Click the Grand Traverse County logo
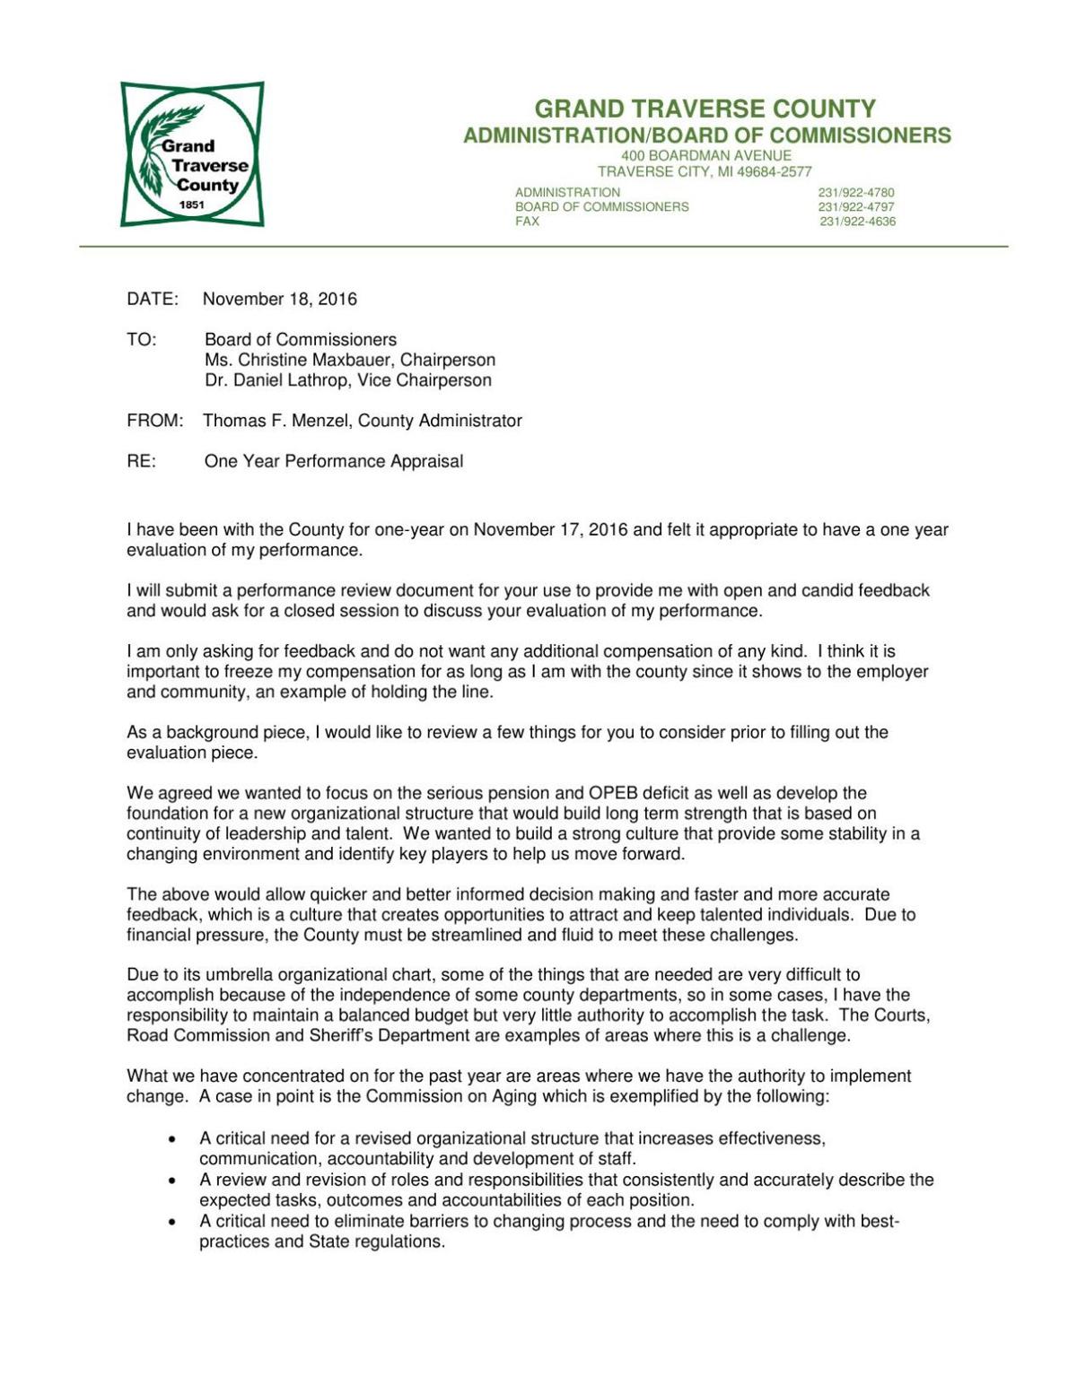pos(192,154)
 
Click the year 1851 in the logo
pos(192,205)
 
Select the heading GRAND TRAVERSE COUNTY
pos(705,109)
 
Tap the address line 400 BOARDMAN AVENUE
pos(705,156)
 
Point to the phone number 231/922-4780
pos(855,193)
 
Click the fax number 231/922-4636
pos(857,222)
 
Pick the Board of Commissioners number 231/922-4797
pos(855,207)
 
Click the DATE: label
pos(153,300)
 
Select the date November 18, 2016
pos(280,300)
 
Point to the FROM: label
pos(155,421)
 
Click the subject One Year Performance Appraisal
pos(334,462)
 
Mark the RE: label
pos(142,462)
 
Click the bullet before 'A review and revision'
pos(171,1181)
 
